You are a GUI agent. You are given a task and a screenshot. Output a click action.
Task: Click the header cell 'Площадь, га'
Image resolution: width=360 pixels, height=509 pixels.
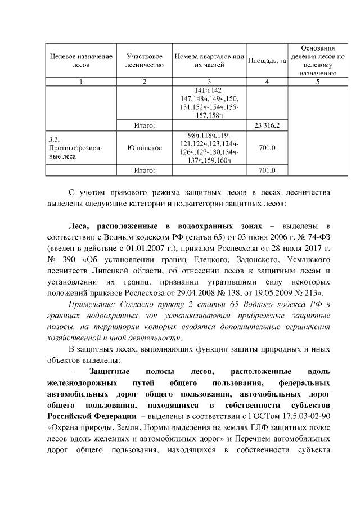pyautogui.click(x=264, y=61)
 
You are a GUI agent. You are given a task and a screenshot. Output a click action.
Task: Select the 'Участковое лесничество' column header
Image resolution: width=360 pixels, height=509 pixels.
pyautogui.click(x=145, y=61)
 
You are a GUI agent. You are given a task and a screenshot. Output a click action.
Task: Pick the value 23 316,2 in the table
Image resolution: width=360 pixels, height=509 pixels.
pyautogui.click(x=264, y=125)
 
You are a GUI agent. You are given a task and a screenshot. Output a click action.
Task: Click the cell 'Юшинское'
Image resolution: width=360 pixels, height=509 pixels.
pyautogui.click(x=145, y=148)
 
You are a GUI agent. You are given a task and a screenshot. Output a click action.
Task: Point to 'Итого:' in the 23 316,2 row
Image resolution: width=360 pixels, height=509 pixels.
pyautogui.click(x=145, y=125)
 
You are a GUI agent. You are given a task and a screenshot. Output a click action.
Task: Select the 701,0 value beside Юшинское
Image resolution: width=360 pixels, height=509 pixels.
pyautogui.click(x=264, y=148)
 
